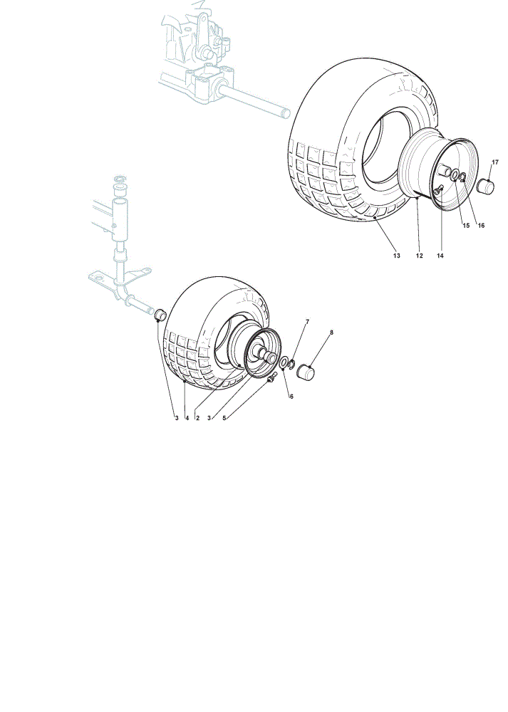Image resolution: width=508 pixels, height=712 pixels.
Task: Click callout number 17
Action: click(x=495, y=162)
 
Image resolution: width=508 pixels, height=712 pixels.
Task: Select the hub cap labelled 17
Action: click(x=485, y=186)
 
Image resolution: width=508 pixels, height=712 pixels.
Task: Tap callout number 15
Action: click(x=466, y=225)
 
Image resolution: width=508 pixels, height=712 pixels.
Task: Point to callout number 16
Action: click(x=481, y=225)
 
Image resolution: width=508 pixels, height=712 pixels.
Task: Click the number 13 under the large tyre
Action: click(x=397, y=256)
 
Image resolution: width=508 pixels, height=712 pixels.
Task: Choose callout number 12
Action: click(x=420, y=256)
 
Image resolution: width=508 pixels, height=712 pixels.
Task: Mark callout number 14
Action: click(x=440, y=256)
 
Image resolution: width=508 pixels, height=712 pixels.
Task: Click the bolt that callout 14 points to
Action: click(x=438, y=190)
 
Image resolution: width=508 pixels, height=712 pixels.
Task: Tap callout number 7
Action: click(x=307, y=322)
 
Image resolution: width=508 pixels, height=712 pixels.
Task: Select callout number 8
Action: click(x=331, y=333)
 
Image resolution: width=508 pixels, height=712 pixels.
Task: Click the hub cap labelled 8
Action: click(x=306, y=372)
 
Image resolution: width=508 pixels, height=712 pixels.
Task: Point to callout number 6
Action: click(x=291, y=397)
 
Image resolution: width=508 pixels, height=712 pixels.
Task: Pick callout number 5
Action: click(x=224, y=418)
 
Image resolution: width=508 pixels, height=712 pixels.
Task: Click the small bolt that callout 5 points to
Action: click(x=271, y=377)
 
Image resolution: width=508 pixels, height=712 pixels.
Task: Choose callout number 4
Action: click(x=187, y=418)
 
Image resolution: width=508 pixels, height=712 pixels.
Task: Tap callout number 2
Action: click(x=197, y=418)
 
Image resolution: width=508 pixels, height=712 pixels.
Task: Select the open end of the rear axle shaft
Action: click(x=286, y=112)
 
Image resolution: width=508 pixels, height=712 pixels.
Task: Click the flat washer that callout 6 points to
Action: click(x=282, y=363)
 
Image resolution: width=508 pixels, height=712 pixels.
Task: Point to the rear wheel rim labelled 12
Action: click(x=440, y=169)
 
